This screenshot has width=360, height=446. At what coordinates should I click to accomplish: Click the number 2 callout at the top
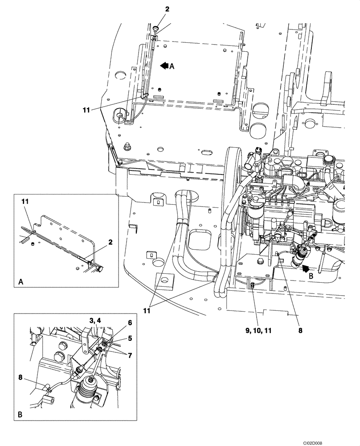[155, 9]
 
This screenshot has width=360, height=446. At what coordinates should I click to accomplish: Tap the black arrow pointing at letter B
[307, 268]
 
